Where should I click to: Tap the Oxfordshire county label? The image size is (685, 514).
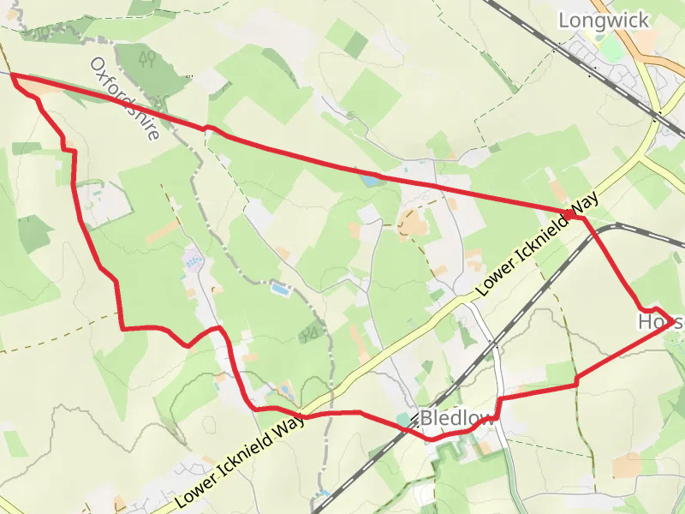tap(125, 99)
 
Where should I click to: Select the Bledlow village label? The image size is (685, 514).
tap(457, 419)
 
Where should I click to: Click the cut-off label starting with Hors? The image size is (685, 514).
tap(660, 323)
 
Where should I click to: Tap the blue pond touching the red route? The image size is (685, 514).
tap(372, 181)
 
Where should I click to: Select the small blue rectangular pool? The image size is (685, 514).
tap(279, 290)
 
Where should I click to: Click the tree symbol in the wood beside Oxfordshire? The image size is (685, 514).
tap(147, 58)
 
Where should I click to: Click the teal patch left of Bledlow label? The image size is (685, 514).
tap(403, 419)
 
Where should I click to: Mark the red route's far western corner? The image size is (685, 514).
tap(12, 77)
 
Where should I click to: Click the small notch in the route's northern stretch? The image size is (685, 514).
tap(206, 128)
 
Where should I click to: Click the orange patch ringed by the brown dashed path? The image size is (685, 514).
tap(414, 224)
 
